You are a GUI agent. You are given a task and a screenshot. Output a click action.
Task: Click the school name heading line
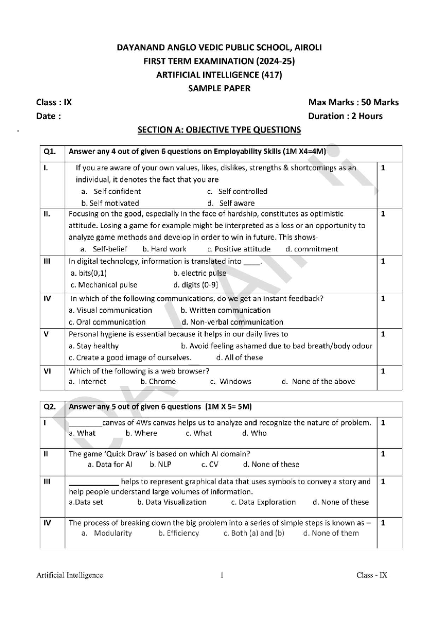(219, 47)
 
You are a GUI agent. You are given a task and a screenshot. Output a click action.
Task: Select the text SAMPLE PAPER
(219, 88)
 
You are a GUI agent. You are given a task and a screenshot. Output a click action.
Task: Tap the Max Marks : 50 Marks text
(353, 102)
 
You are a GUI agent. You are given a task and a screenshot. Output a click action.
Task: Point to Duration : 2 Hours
(345, 116)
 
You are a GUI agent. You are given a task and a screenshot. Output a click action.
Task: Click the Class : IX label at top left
(54, 102)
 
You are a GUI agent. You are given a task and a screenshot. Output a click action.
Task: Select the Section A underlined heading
(219, 130)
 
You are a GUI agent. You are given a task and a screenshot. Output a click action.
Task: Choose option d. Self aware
(231, 203)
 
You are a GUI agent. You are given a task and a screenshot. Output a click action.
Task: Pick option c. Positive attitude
(239, 249)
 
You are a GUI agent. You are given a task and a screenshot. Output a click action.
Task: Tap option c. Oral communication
(107, 322)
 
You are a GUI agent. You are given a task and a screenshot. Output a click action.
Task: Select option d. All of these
(239, 357)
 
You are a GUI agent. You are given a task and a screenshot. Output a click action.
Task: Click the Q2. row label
(50, 407)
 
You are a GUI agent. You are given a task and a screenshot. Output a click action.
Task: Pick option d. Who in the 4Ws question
(254, 433)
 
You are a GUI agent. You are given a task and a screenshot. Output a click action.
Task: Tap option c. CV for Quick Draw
(210, 464)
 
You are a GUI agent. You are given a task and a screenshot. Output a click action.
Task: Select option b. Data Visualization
(172, 502)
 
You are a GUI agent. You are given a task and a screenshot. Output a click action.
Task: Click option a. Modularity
(107, 533)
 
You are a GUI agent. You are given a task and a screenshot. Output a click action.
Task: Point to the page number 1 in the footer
(222, 575)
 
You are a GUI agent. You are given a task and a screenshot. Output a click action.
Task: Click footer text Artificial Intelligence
(70, 575)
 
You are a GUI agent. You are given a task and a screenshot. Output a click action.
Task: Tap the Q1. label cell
(50, 151)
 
